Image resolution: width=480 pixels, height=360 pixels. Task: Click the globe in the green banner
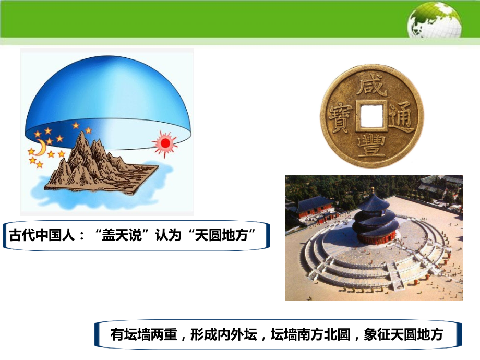coord(434,21)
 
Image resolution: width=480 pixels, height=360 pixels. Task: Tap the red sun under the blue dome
coord(165,143)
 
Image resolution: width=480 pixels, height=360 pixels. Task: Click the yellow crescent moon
coord(41,147)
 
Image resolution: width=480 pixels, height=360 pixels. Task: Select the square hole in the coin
coord(371,115)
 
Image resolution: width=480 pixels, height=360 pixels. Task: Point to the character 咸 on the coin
coord(371,84)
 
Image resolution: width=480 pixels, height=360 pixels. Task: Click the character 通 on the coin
coord(401,117)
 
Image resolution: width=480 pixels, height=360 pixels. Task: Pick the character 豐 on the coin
coord(371,145)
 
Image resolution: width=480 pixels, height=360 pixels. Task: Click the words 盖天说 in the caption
coord(122,235)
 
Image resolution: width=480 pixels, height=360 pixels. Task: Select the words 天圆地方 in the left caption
coord(221,235)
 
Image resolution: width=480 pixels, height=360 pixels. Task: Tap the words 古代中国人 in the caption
coord(42,235)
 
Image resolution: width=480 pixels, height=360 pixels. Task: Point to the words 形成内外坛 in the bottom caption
coord(224,334)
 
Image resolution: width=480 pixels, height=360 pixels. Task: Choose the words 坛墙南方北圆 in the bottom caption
coord(310,334)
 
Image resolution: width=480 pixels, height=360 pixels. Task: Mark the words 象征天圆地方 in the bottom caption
coord(403,334)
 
